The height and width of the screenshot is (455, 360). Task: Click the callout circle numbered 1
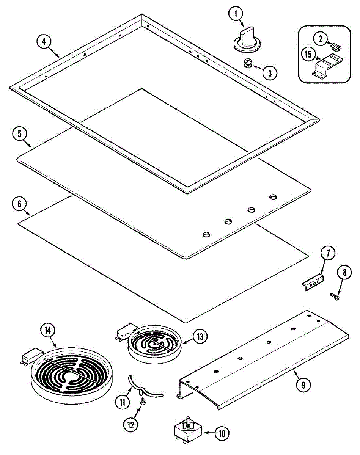tap(236, 14)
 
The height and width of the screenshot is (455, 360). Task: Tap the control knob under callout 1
tap(246, 39)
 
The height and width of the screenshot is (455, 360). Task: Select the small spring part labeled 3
tap(248, 64)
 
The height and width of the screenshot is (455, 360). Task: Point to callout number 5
tap(19, 134)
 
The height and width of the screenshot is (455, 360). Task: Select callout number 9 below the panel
tap(303, 384)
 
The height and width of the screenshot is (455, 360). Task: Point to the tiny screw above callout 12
tap(143, 402)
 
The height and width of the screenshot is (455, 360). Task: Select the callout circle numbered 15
tap(308, 54)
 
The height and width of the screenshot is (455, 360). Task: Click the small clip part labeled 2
tap(335, 47)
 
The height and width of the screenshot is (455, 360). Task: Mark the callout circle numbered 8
tap(344, 272)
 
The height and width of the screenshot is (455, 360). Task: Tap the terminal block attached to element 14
tap(31, 356)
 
